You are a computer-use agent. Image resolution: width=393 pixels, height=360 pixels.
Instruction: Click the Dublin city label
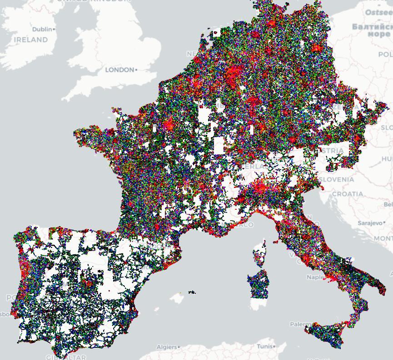coord(42,29)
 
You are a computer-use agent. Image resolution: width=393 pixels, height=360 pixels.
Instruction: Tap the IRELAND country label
coord(31,40)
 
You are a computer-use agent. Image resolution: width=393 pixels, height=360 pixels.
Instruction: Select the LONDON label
coord(119,70)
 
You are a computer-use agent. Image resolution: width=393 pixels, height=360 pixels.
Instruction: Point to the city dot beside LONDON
coord(136,70)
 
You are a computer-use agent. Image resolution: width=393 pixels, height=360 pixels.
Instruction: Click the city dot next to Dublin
coord(54,29)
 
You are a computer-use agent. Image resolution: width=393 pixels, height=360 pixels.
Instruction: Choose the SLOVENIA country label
coord(336,179)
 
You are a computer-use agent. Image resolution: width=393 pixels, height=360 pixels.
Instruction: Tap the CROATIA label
coord(348,194)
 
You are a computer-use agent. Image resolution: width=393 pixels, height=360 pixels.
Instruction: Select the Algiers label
coord(166,347)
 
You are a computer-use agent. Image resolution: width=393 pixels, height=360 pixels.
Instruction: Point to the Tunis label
coord(264,346)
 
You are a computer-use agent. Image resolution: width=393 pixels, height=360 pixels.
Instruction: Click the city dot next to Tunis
coord(274,346)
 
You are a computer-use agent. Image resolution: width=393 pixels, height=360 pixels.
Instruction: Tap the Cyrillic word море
coord(378,34)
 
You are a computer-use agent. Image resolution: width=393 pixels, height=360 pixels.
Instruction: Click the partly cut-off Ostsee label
coord(380,12)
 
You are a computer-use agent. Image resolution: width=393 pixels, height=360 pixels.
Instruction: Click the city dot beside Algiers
coord(179,347)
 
